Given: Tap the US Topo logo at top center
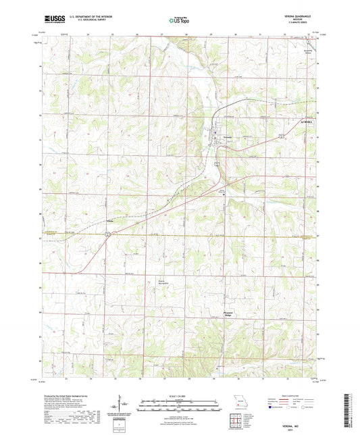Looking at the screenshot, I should (x=178, y=20).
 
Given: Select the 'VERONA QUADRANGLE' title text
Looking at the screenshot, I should (x=296, y=14).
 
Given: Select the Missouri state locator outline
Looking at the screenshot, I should (x=239, y=400).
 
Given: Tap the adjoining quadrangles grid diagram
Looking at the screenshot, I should (x=239, y=417).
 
